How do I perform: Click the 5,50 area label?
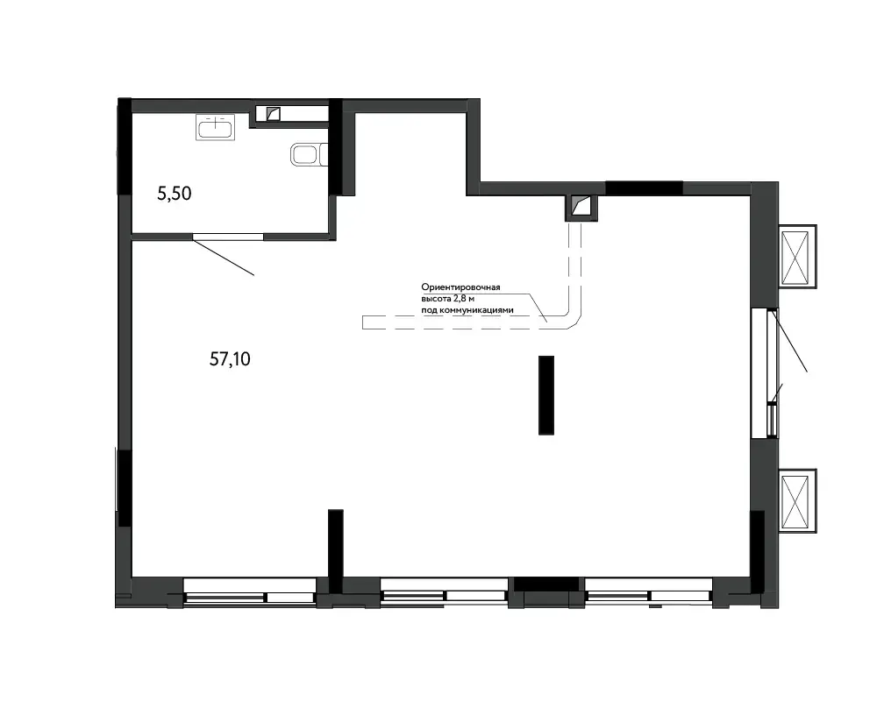(x=175, y=194)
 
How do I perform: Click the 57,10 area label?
(x=230, y=359)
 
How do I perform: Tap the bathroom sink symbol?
(x=216, y=127)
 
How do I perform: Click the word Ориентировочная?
(x=461, y=287)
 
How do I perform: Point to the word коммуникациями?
(x=476, y=310)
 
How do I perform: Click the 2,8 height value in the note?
(x=460, y=299)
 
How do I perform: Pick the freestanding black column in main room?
(x=546, y=395)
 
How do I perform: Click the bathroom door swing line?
(x=224, y=257)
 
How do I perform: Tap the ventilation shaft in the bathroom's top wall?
(x=273, y=114)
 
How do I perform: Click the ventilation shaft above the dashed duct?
(x=581, y=206)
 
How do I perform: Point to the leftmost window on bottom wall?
(x=249, y=591)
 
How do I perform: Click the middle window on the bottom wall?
(x=444, y=591)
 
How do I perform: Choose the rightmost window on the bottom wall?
(x=649, y=591)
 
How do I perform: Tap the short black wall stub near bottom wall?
(x=336, y=550)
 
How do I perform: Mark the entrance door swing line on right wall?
(x=788, y=341)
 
